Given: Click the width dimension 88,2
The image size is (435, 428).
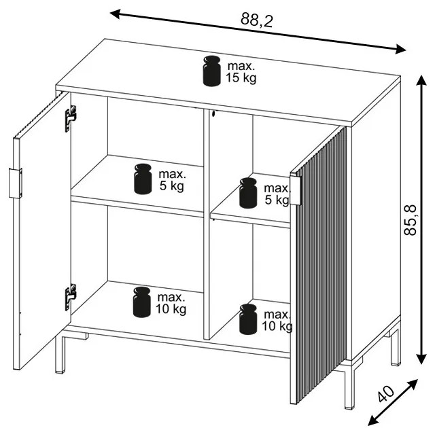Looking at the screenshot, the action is coord(257,20).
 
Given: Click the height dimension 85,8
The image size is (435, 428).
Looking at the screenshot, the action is coord(410,220).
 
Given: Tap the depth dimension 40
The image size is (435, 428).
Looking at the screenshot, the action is coord(386,393).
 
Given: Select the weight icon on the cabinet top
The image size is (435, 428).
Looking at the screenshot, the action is coord(211,71).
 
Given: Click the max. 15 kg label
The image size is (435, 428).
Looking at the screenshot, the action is coord(241,72).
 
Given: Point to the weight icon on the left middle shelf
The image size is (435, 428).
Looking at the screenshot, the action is coord(143,179).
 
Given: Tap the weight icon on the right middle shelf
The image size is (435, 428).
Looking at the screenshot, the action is coord(248,193).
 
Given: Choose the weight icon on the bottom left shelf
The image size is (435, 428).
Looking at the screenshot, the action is coord(142,302).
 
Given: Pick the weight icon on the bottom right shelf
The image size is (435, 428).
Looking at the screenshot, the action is coord(248,319).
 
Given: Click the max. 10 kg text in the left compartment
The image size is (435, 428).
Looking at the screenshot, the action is coord(171,303).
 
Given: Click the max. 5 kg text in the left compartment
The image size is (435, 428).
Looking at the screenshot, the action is coord(172,180).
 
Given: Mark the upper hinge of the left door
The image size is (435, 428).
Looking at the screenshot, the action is coord(71,118).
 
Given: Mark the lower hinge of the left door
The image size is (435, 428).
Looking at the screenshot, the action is coord(71,297).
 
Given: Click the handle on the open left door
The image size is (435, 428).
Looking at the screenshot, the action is coord(15,183).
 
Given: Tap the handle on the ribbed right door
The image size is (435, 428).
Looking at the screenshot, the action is coord(296,190).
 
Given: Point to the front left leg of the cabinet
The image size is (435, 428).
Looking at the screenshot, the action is coord(60,354).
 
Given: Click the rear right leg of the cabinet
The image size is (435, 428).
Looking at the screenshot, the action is coord(396,348).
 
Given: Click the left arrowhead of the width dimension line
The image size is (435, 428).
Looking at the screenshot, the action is coord(115,14).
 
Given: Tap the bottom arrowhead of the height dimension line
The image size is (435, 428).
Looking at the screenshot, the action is coord(421,359).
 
